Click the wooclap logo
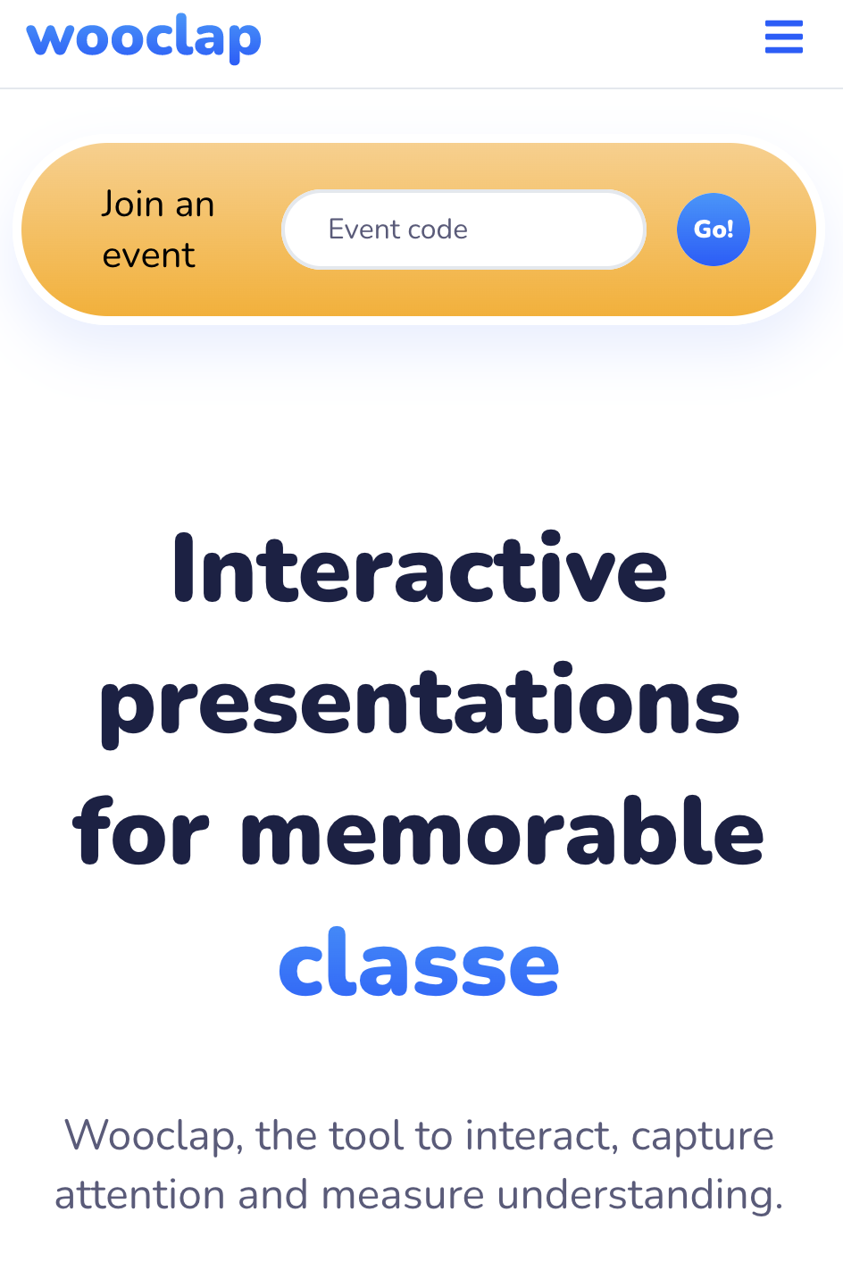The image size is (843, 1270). [144, 38]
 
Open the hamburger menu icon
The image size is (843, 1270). [783, 37]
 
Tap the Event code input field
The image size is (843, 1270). [463, 229]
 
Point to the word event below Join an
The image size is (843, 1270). [148, 255]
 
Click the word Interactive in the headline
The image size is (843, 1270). [420, 568]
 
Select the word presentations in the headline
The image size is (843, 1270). [420, 704]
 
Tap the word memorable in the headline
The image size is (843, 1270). [502, 831]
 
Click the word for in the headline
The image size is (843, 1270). [140, 831]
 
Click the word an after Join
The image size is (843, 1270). [195, 205]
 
